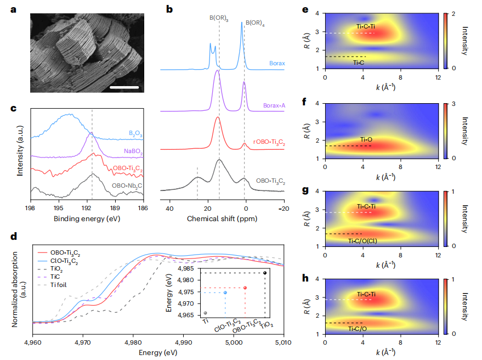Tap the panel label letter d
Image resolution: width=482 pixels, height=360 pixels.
[15, 237]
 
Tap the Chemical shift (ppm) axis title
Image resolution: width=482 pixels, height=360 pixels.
[222, 219]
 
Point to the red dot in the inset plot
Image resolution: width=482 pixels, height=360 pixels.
[245, 288]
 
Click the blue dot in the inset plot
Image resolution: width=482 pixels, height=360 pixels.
[225, 292]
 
